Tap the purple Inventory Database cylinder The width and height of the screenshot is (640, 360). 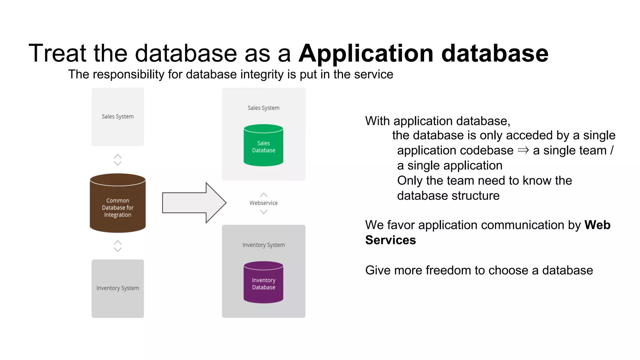(x=263, y=283)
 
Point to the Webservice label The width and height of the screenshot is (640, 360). (x=263, y=203)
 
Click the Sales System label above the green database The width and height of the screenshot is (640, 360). (x=263, y=108)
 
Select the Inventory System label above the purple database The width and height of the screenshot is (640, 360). (x=263, y=245)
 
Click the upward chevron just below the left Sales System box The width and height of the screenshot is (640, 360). (x=118, y=156)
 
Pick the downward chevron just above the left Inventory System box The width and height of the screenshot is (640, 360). (x=118, y=250)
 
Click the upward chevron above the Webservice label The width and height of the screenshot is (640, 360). (x=264, y=195)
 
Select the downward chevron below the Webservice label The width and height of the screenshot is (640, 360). (x=264, y=212)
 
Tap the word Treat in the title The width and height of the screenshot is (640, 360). (x=57, y=53)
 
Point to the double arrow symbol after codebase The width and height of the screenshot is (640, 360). (x=523, y=151)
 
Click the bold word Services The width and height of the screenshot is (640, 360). (x=390, y=240)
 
